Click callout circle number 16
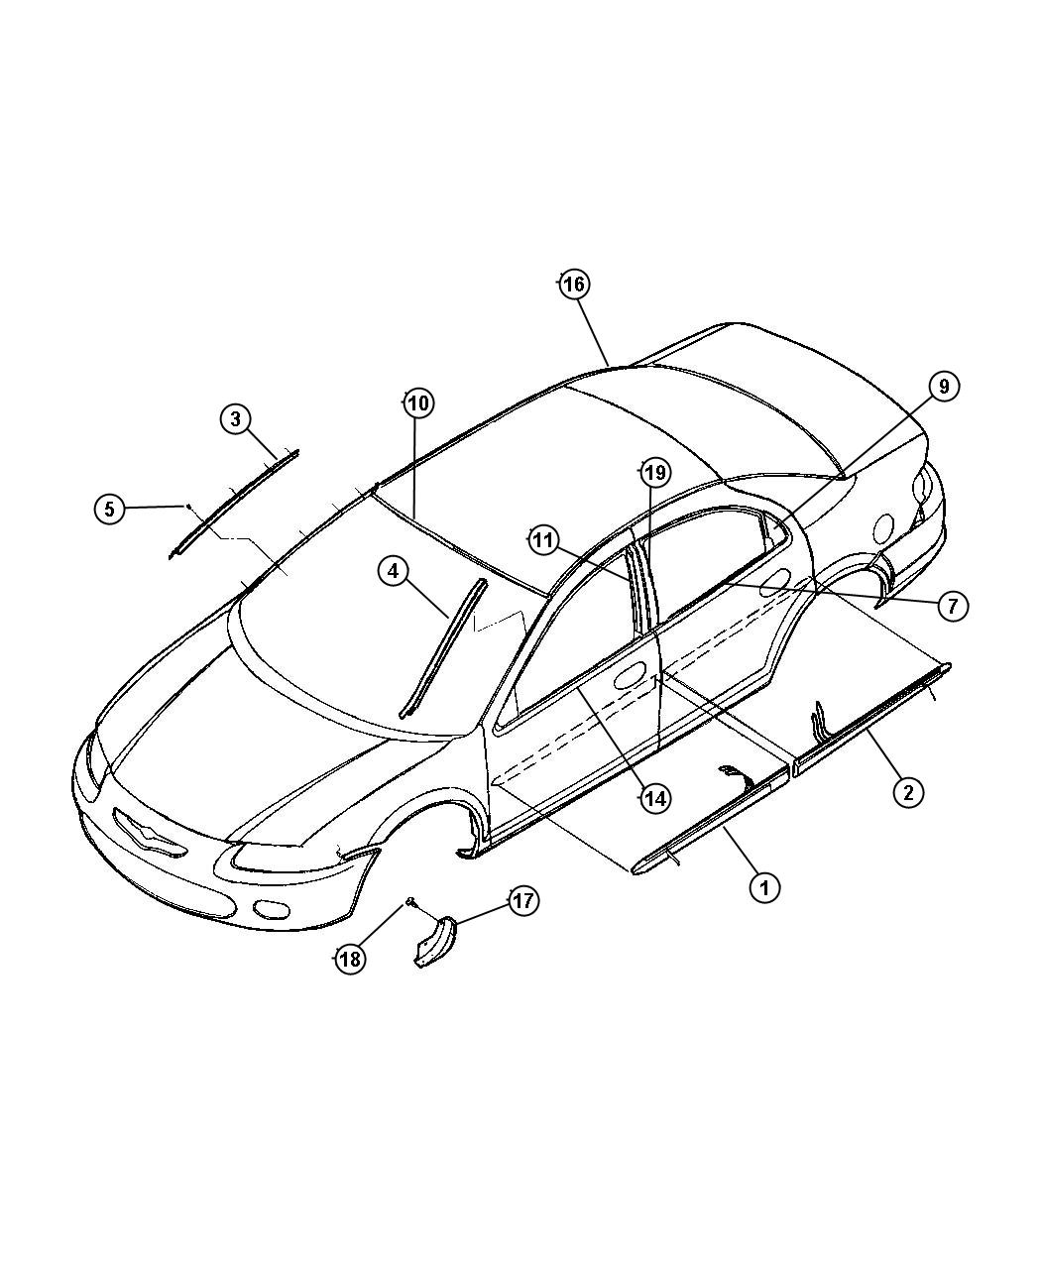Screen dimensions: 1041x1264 573,284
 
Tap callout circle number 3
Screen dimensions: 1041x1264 236,418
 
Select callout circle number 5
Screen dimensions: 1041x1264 110,509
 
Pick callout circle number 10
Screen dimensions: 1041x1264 419,402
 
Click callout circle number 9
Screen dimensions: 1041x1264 944,387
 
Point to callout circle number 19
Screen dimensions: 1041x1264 655,473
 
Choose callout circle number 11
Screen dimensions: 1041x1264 544,540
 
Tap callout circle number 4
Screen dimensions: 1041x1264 394,571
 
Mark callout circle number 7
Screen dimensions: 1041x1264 953,606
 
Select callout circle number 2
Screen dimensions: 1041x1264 908,792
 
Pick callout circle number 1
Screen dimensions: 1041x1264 764,888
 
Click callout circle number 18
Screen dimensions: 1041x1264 351,959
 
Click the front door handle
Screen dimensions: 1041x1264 630,676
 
